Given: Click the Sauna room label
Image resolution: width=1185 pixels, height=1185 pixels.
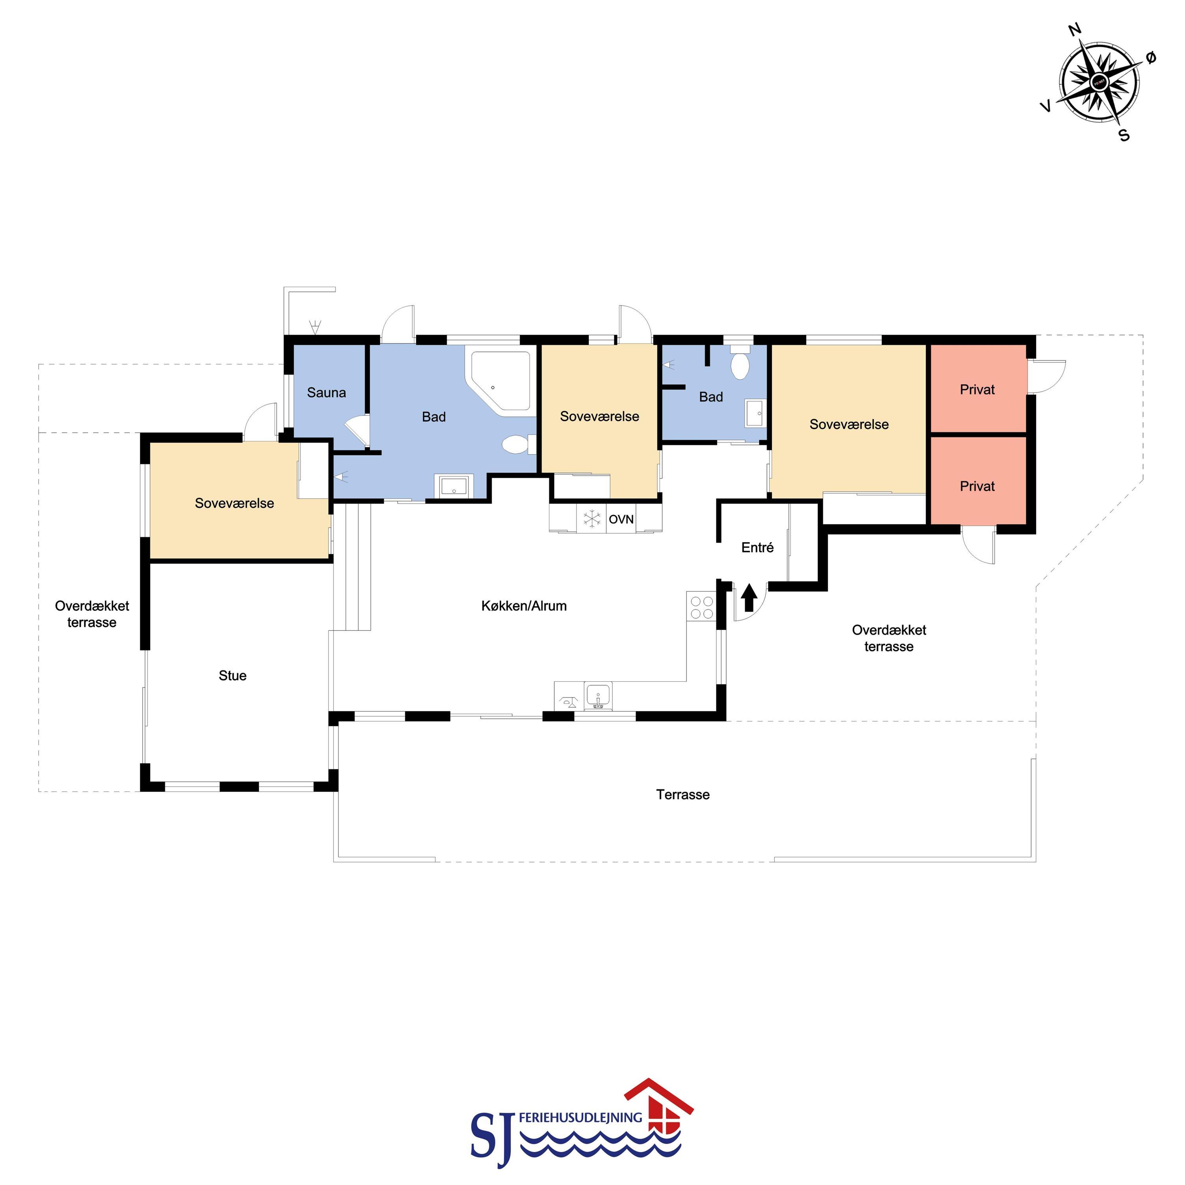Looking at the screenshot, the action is pos(326,393).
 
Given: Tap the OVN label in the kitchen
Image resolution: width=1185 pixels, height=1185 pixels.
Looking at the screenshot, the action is pos(621,519).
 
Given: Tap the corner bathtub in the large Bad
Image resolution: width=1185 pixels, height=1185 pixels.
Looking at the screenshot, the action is pos(499,381).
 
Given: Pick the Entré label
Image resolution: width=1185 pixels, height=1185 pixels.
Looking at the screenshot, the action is pos(757,548).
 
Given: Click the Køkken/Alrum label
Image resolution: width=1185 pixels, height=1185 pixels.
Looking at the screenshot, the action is pos(524,606).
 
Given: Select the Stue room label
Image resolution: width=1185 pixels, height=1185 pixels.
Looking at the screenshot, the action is pos(232,676).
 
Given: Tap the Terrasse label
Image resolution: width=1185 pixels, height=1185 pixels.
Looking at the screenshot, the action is pos(682,795).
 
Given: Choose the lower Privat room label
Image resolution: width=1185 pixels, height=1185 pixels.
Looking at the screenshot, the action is pos(977,486).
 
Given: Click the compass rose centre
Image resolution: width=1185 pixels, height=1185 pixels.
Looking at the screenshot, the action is pos(1098,82).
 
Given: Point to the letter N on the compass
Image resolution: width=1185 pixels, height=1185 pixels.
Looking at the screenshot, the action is pos(1075,30).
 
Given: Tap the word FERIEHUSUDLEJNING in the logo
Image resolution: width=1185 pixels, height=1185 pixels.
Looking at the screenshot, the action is pos(580,1118).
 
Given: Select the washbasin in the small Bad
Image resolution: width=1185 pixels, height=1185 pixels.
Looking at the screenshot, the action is pos(754,413).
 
